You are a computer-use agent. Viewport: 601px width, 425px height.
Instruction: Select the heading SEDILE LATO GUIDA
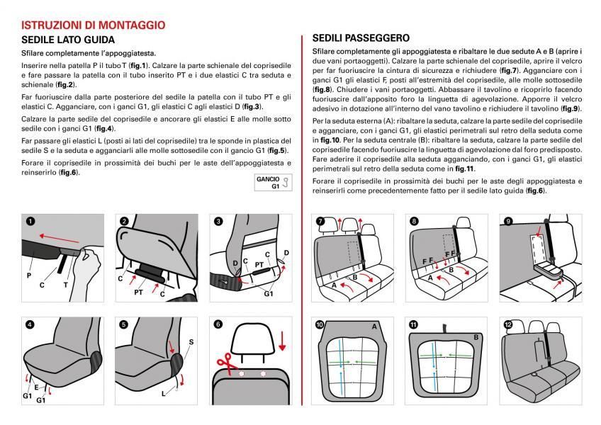[68, 40]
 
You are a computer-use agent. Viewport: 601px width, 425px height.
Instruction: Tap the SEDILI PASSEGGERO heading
[361, 38]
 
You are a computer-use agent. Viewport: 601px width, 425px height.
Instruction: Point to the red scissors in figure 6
[226, 361]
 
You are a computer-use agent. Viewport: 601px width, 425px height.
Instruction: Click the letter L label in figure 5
[163, 392]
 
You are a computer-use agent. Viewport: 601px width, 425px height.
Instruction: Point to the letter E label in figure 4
[35, 387]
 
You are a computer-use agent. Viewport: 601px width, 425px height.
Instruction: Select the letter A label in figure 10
[373, 327]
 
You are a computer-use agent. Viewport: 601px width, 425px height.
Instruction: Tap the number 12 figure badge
[507, 324]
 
